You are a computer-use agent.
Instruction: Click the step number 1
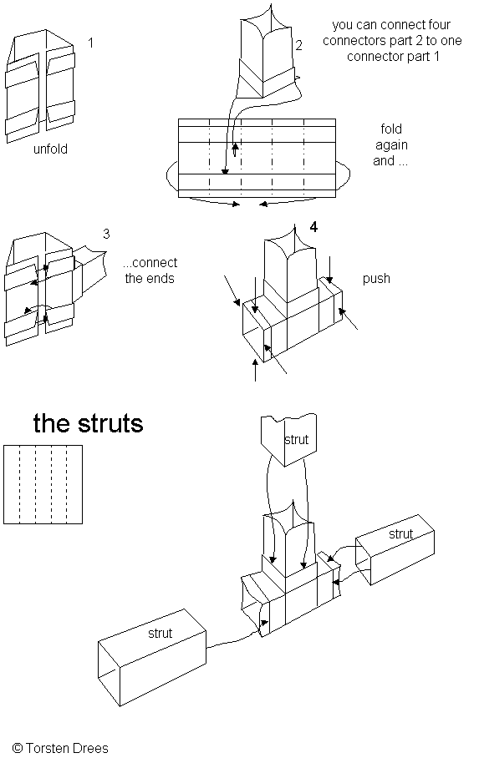[x=90, y=43]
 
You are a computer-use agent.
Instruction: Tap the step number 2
[x=298, y=45]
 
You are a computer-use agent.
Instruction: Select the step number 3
[x=106, y=234]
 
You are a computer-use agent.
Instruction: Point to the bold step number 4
[x=313, y=227]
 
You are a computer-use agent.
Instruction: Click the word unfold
[x=50, y=149]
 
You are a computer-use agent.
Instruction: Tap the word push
[x=376, y=279]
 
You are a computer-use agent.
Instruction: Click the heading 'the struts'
[x=89, y=423]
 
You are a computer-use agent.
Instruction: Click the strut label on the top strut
[x=296, y=440]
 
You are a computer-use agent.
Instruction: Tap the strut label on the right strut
[x=401, y=533]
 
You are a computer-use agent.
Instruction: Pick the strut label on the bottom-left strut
[x=161, y=633]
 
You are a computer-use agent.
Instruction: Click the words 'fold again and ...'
[x=390, y=145]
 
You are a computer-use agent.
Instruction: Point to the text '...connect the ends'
[x=150, y=270]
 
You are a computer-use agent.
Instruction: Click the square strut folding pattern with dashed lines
[x=43, y=485]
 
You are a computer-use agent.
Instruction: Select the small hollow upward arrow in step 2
[x=235, y=150]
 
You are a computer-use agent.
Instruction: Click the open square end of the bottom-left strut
[x=109, y=673]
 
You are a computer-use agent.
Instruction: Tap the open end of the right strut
[x=364, y=561]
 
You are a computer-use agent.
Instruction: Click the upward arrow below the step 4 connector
[x=255, y=370]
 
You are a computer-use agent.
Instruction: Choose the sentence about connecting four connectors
[x=392, y=40]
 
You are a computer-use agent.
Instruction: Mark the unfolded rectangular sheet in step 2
[x=257, y=158]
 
